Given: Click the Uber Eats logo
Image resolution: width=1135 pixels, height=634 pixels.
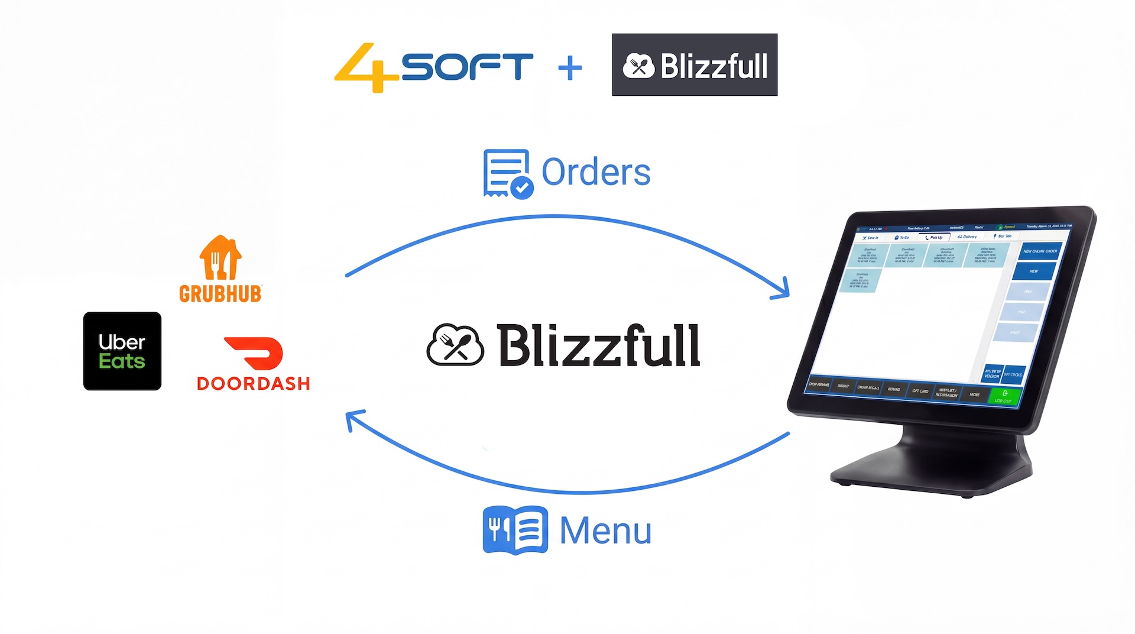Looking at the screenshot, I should [x=122, y=351].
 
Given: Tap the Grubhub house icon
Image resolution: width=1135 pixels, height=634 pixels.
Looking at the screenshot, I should [x=220, y=258].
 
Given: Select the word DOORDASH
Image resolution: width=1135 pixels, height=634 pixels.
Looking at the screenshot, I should [x=253, y=384].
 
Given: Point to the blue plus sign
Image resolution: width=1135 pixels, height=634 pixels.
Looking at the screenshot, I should [x=570, y=68].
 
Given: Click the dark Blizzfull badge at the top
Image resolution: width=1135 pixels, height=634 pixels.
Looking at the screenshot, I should [x=695, y=65].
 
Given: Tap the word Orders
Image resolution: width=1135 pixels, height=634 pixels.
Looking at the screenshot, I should [x=596, y=173].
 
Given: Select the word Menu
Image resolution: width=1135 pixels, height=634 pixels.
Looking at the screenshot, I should [x=605, y=531].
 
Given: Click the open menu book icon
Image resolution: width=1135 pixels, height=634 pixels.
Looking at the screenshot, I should [x=515, y=529].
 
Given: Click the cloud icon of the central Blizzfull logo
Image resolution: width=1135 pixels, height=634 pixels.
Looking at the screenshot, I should [x=455, y=345].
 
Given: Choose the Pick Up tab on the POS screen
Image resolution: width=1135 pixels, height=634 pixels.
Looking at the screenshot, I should [x=935, y=237].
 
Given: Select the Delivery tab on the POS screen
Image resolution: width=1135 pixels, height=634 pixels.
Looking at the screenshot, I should [x=968, y=237].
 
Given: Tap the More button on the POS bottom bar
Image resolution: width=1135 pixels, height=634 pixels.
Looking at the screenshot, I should [x=975, y=394].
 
